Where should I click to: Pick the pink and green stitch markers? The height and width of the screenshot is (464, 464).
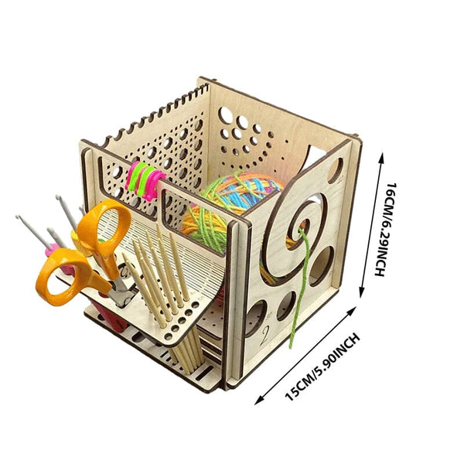(x=145, y=180)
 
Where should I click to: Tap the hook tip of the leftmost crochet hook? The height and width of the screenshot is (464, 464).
(x=19, y=217)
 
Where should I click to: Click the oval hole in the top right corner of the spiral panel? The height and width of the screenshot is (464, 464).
(x=336, y=171)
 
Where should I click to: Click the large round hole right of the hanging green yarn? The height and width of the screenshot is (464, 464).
(x=322, y=266)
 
